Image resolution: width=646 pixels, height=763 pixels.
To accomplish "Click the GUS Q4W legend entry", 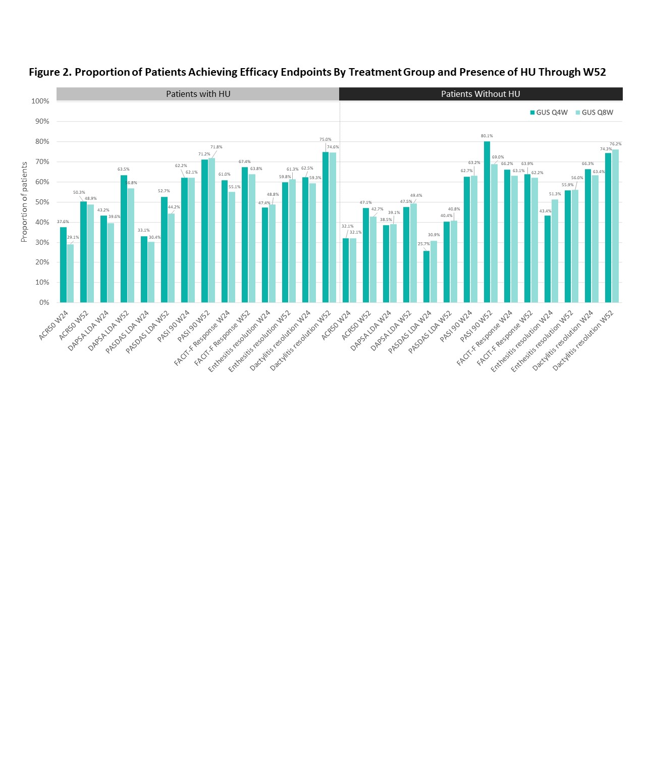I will [x=549, y=113].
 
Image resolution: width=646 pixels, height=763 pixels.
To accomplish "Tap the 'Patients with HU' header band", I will [x=198, y=94].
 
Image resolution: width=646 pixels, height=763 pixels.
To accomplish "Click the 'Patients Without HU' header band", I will [x=480, y=94].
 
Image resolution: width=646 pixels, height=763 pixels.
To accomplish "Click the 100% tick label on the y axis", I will [x=40, y=101].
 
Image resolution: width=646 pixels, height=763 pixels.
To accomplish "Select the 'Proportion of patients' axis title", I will [x=24, y=202].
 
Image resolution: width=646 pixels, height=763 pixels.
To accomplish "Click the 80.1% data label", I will [x=487, y=136].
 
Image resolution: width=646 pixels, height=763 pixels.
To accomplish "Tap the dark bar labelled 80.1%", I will [x=487, y=222].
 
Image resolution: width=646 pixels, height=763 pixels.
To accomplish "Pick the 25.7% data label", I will [x=423, y=244].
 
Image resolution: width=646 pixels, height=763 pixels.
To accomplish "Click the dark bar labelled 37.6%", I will [x=63, y=265].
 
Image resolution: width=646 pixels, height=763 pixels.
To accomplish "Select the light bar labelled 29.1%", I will [x=70, y=274].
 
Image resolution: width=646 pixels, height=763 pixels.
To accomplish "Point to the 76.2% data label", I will [x=615, y=144].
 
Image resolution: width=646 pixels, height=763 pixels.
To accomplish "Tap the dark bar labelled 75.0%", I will [x=326, y=227].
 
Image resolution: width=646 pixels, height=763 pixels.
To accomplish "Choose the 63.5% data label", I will [x=124, y=170].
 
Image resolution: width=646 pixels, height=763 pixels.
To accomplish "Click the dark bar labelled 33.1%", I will [x=144, y=269].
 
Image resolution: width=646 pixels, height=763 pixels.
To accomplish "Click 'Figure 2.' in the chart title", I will [x=50, y=72].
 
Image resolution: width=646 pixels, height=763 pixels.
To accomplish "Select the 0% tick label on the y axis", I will [x=44, y=302].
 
